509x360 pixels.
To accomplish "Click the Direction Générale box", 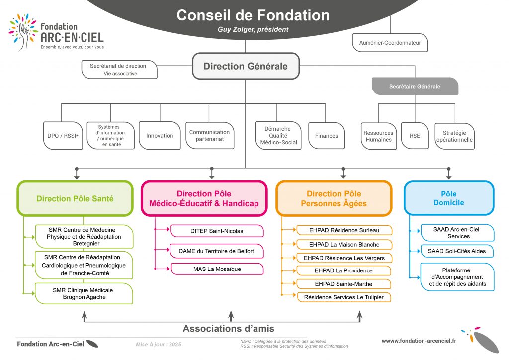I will [246, 66].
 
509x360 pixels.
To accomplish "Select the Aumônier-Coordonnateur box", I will [390, 43].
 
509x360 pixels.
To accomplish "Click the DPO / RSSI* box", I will [63, 136].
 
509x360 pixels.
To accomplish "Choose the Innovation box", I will [160, 136].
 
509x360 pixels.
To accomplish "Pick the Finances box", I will [326, 136].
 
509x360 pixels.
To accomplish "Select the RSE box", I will [415, 136].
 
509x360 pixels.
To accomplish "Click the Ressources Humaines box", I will [378, 136].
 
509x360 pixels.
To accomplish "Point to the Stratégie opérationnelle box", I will [454, 136].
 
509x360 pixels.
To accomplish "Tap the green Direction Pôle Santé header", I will [75, 199].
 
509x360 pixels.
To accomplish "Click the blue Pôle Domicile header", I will [448, 198].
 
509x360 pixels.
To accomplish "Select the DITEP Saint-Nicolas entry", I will [217, 231].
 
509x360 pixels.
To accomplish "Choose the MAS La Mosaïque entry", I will [217, 269].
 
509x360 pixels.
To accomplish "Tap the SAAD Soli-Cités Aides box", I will [457, 251].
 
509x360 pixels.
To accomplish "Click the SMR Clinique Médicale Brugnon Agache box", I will [83, 293].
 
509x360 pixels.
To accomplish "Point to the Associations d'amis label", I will [229, 329].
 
